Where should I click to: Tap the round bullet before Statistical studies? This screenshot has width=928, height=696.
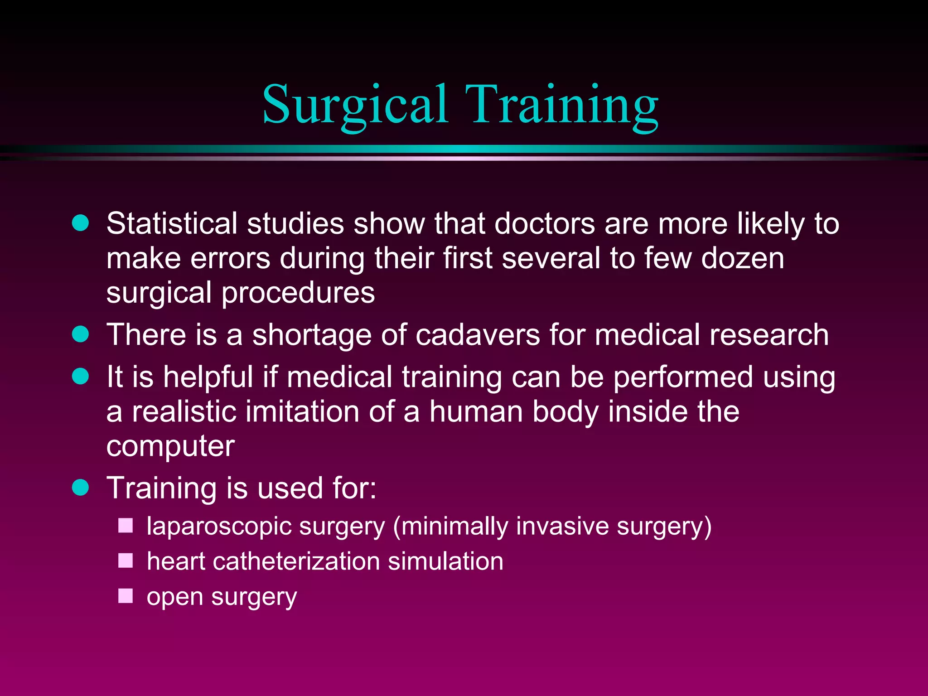[81, 223]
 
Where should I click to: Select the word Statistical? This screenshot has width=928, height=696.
[172, 223]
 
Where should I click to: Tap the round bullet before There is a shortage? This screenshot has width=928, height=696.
[81, 334]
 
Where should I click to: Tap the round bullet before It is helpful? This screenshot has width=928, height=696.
[81, 377]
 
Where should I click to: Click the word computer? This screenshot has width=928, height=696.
[170, 447]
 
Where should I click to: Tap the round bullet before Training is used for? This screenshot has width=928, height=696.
[81, 488]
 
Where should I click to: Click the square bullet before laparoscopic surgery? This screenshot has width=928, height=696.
[126, 526]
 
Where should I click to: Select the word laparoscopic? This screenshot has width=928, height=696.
[219, 527]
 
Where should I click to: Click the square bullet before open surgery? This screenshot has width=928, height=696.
[126, 596]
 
